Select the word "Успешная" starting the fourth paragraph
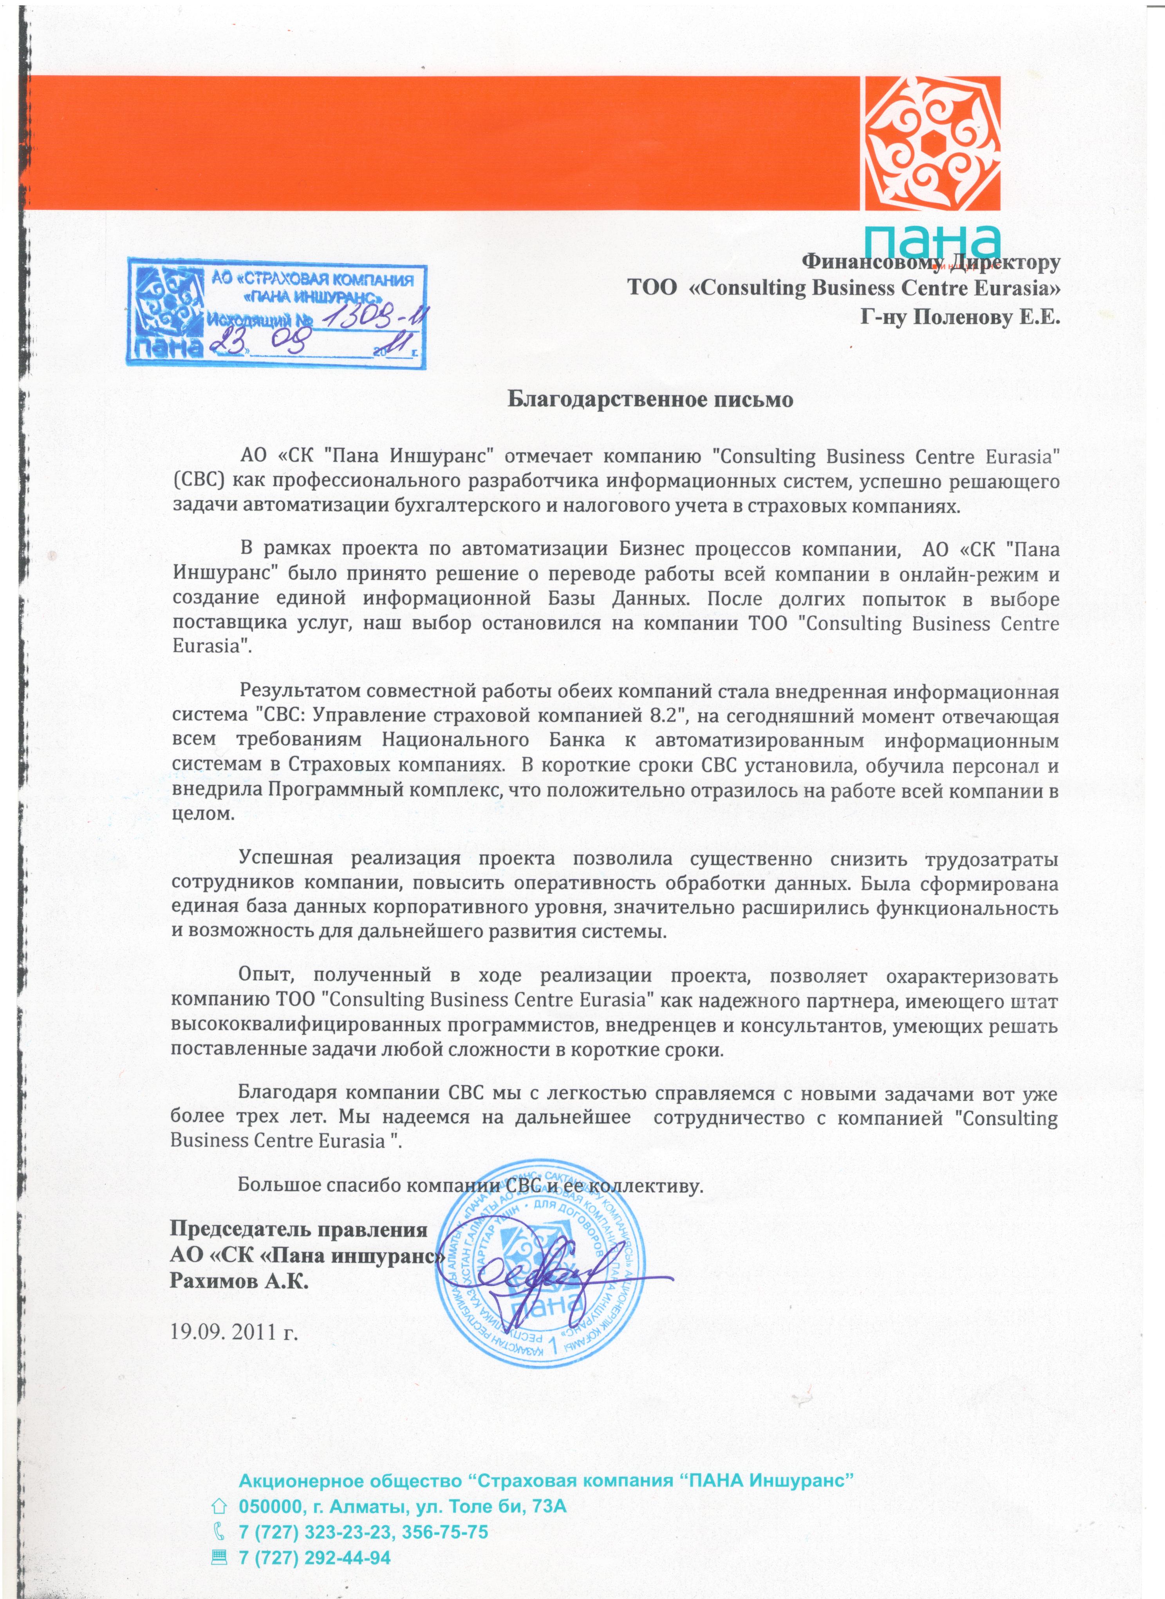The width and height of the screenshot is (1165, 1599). (x=285, y=857)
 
